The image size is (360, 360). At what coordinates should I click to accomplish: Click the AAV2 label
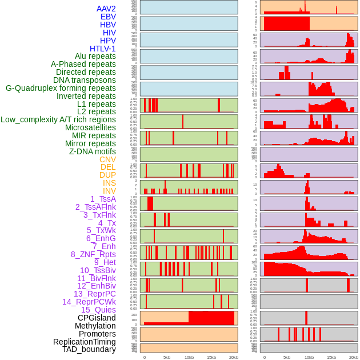[106, 9]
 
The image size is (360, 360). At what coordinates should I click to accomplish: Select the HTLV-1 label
[102, 49]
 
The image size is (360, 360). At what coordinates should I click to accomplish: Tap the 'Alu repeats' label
[95, 56]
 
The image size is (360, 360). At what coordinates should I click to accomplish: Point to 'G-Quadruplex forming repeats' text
[61, 88]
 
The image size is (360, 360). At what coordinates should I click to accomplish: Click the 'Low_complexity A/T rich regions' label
[58, 119]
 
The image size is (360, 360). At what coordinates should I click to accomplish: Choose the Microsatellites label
[90, 127]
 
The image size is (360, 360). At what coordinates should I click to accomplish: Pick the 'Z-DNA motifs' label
[92, 151]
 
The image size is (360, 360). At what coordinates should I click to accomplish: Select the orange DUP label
[107, 175]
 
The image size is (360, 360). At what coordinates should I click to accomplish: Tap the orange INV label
[109, 191]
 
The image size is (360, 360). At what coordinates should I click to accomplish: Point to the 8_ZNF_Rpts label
[93, 254]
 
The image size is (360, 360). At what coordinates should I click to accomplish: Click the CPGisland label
[97, 318]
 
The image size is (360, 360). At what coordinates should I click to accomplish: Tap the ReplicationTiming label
[84, 342]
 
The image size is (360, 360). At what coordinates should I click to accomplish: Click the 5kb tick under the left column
[167, 357]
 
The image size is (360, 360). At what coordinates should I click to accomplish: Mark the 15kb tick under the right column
[331, 357]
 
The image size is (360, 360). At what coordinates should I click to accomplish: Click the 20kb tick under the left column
[233, 357]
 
